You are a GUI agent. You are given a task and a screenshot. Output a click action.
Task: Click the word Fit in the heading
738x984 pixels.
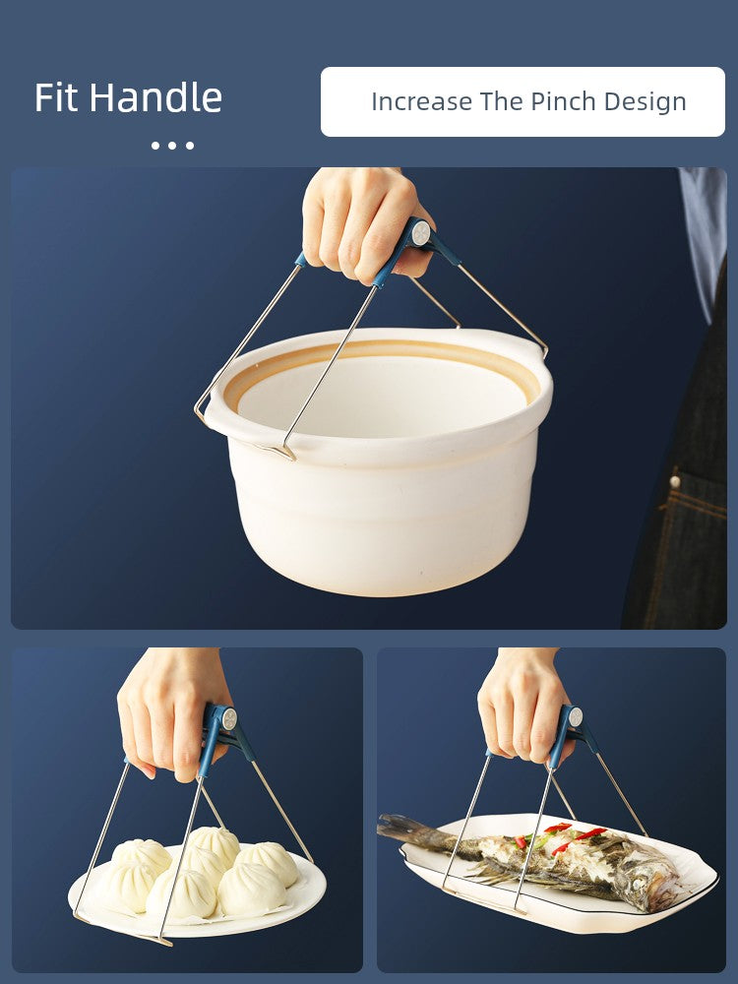point(57,97)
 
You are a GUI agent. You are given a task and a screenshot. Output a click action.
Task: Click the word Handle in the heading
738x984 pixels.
point(155,97)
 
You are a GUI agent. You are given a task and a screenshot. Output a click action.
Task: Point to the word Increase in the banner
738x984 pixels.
point(422,101)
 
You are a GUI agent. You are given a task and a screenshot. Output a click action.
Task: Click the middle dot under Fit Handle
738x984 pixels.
point(172,146)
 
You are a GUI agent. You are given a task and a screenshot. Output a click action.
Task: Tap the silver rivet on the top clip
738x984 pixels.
point(420,233)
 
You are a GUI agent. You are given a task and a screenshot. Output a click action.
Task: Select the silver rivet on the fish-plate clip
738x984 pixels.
point(575,716)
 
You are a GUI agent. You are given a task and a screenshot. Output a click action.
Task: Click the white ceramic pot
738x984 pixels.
point(379,461)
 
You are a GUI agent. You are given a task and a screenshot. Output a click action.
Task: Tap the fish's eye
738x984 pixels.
point(637,885)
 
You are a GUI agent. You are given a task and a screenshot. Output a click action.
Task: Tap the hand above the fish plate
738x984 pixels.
point(524,706)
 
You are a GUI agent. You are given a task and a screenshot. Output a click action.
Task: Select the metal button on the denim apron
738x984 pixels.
point(675,482)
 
